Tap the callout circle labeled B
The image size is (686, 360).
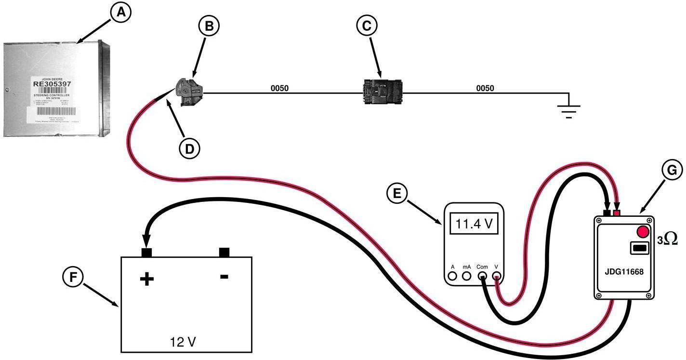pyautogui.click(x=209, y=27)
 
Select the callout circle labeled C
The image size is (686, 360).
pyautogui.click(x=366, y=27)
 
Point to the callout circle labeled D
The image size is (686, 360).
pyautogui.click(x=189, y=149)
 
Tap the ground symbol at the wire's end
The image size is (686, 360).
pyautogui.click(x=569, y=108)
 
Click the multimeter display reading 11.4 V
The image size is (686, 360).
pyautogui.click(x=474, y=224)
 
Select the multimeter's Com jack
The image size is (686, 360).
pyautogui.click(x=482, y=276)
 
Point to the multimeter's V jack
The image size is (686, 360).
pyautogui.click(x=497, y=276)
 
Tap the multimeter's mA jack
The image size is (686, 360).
pyautogui.click(x=466, y=276)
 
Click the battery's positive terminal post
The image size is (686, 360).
pyautogui.click(x=146, y=252)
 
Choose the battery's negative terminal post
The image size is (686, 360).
pyautogui.click(x=224, y=252)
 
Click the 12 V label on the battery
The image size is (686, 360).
pyautogui.click(x=183, y=342)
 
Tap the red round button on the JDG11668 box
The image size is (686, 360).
pyautogui.click(x=643, y=232)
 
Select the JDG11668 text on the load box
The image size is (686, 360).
pyautogui.click(x=624, y=272)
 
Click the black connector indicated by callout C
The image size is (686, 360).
pyautogui.click(x=382, y=92)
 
